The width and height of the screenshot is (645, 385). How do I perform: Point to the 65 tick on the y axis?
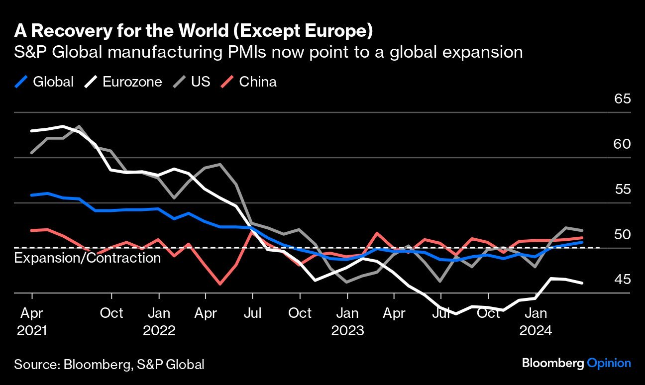(x=623, y=98)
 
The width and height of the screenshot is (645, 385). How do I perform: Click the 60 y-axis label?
(x=623, y=144)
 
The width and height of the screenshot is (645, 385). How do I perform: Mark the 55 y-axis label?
(x=623, y=189)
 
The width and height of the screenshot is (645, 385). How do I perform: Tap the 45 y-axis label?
(x=623, y=280)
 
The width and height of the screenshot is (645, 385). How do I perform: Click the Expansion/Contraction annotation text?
(x=88, y=258)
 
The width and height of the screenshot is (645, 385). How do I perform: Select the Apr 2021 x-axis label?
(x=31, y=321)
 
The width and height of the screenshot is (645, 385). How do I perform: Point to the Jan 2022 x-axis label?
(x=159, y=321)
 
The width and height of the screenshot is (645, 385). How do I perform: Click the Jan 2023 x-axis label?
(x=347, y=321)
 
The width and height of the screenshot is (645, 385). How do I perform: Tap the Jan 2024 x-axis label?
(x=536, y=321)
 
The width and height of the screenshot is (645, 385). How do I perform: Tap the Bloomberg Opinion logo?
(x=576, y=363)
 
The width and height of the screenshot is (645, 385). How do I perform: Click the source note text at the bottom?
(x=109, y=364)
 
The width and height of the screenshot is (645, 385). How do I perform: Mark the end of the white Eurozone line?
(x=582, y=283)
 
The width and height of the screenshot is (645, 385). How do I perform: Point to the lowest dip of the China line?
(x=219, y=285)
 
